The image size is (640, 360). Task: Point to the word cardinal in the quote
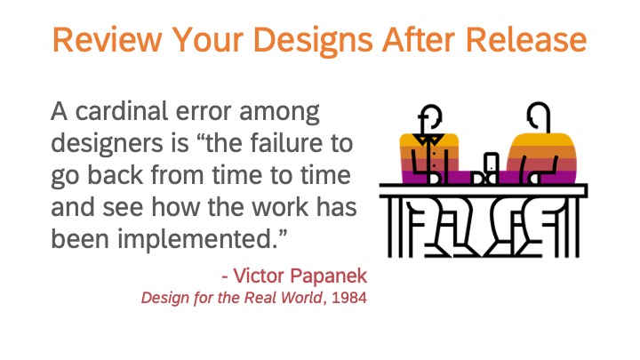coord(122,110)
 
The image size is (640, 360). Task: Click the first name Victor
coord(259,276)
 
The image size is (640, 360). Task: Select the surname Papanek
coord(329,276)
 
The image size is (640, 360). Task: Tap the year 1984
coord(349,298)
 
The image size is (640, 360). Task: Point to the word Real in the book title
coord(260,298)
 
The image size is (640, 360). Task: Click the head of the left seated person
coord(430,117)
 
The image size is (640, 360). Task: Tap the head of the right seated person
coord(539,116)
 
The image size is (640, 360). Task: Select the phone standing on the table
coord(492,163)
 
